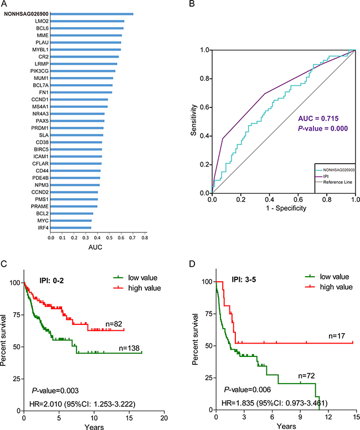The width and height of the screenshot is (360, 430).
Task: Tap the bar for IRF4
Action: [x=71, y=227]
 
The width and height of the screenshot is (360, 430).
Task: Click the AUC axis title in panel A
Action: [x=95, y=247]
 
